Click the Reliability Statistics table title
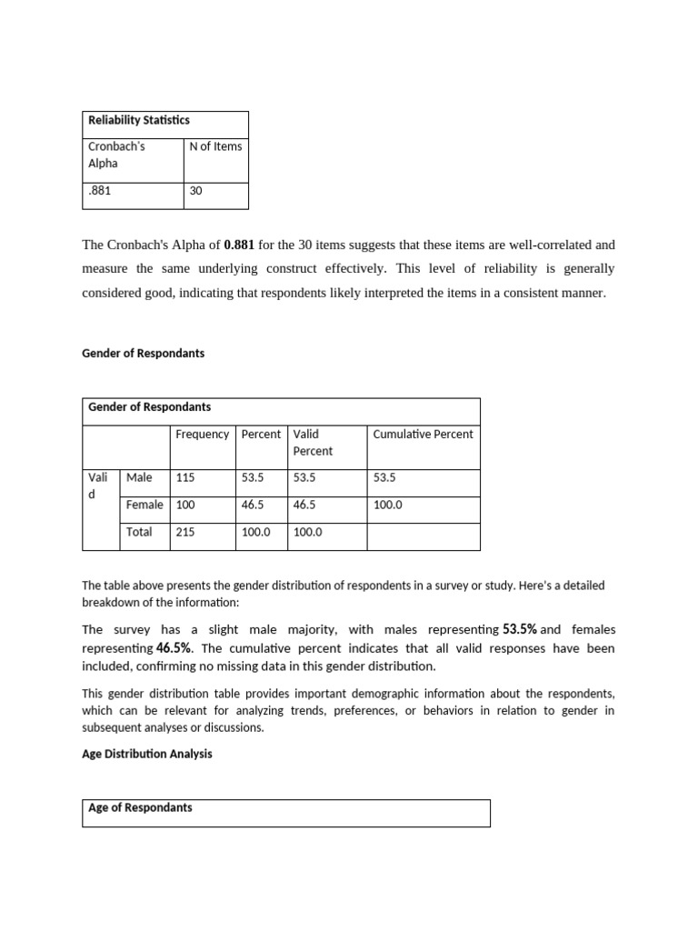[x=139, y=120]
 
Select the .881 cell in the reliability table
[x=100, y=192]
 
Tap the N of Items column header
[x=215, y=146]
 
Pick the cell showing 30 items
[x=196, y=192]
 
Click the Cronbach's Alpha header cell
[x=116, y=155]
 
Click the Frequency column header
[x=202, y=434]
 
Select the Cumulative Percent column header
[x=423, y=434]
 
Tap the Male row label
[x=139, y=477]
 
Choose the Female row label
[x=145, y=505]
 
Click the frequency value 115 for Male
[x=185, y=477]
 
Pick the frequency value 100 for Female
[x=185, y=505]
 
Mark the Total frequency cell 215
[x=185, y=532]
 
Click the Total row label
[x=139, y=532]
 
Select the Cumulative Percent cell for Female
[x=387, y=505]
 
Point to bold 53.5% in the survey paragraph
[x=519, y=629]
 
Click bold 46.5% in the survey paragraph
[x=174, y=648]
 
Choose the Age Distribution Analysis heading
[x=147, y=754]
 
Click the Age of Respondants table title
[x=140, y=807]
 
